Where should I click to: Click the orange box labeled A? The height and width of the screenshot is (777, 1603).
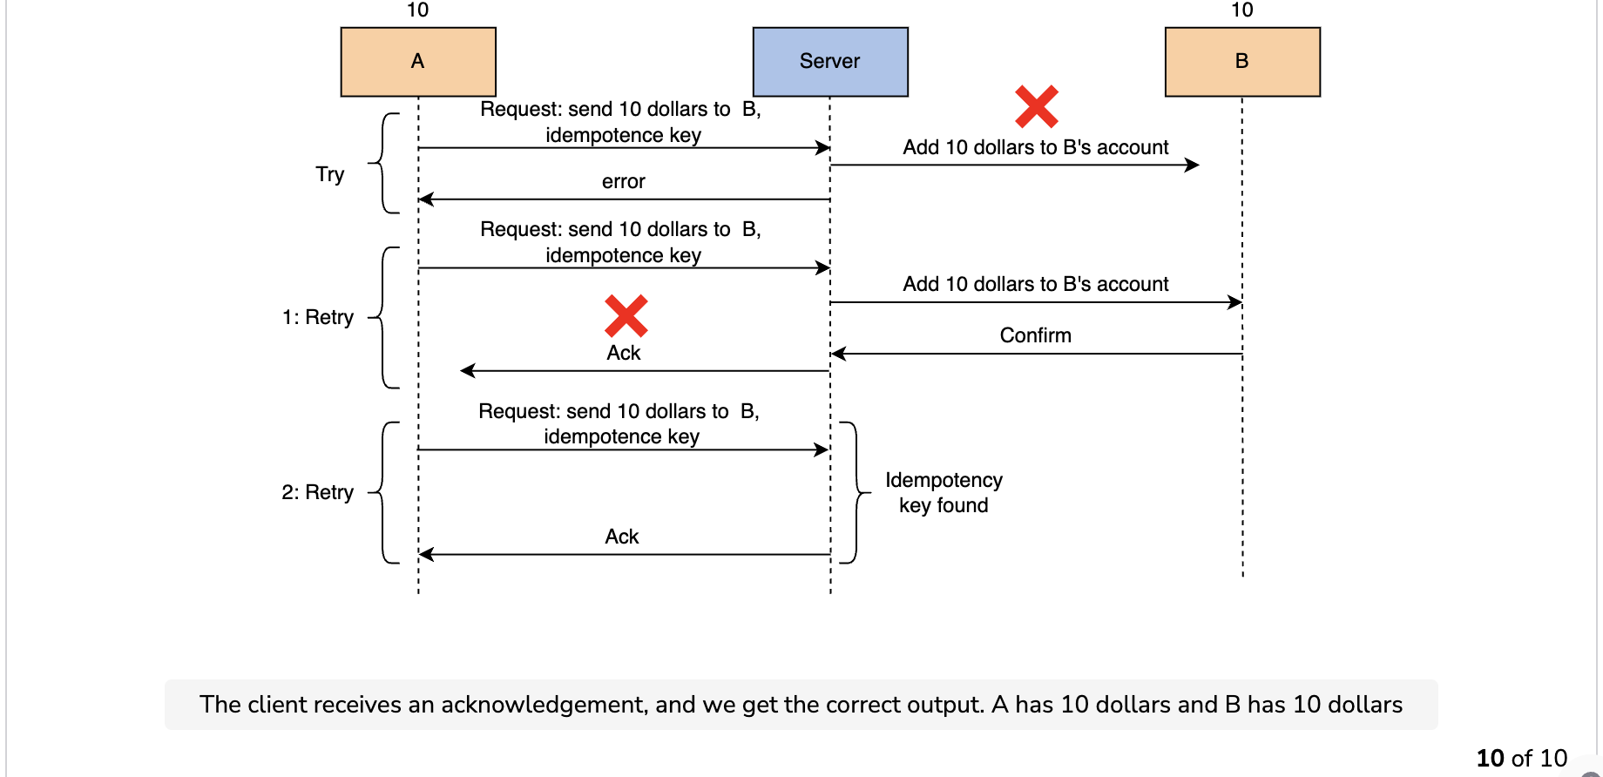[x=418, y=62]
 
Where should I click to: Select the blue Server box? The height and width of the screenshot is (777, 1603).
[x=830, y=62]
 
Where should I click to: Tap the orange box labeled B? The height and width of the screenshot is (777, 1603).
[x=1242, y=62]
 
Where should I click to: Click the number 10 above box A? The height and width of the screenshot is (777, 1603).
[x=418, y=10]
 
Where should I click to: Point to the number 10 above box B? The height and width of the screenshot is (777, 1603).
[x=1242, y=10]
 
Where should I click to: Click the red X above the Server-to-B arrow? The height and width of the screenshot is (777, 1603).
[x=1037, y=106]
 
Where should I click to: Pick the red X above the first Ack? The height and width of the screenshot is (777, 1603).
[x=626, y=316]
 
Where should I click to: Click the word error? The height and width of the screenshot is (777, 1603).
[x=624, y=181]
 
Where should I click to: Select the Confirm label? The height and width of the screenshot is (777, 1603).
[x=1036, y=335]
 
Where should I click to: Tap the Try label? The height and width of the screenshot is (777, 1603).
[x=330, y=174]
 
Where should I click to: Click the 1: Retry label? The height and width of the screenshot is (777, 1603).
[x=318, y=317]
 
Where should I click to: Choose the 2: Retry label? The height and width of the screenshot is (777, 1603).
[x=318, y=492]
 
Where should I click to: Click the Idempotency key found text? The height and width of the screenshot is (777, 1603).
[x=944, y=493]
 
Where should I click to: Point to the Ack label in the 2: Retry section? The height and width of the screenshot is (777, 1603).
[x=622, y=537]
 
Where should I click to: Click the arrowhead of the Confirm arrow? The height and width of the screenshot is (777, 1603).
[x=838, y=354]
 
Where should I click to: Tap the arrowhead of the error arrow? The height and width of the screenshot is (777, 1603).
[x=426, y=199]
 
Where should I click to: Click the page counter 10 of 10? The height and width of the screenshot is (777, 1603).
[x=1522, y=758]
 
